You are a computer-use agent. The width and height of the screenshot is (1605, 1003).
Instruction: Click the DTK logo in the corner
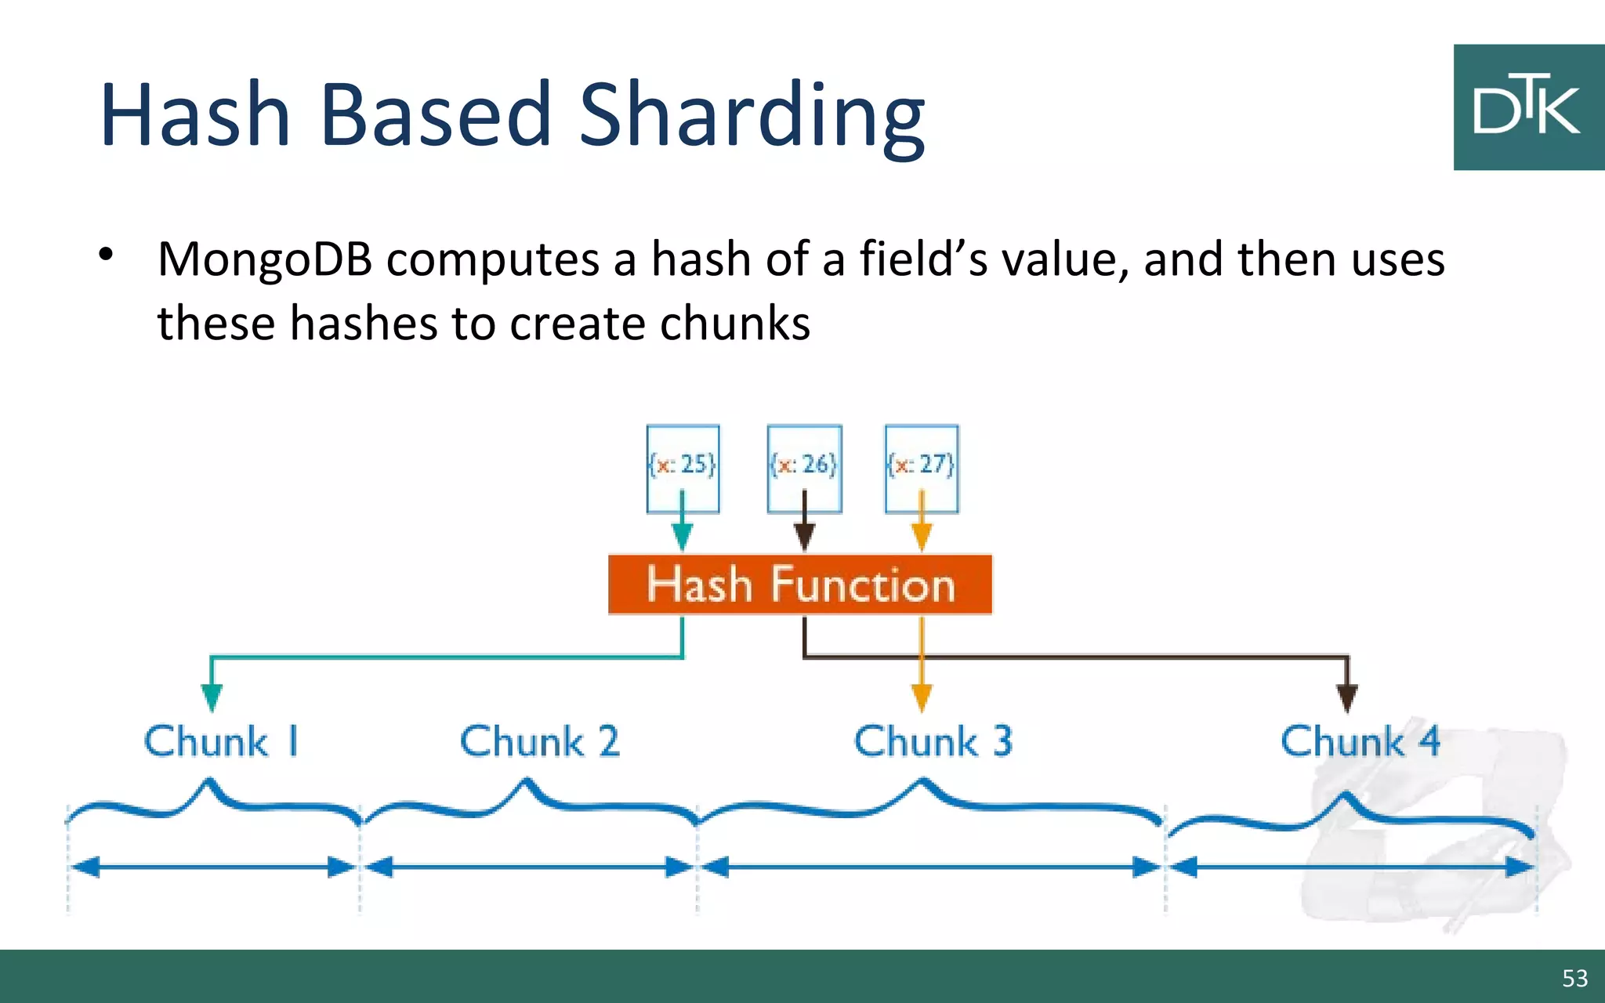point(1527,107)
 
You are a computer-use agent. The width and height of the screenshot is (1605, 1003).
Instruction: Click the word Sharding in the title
point(752,116)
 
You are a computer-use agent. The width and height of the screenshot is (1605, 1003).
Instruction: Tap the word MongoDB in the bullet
point(265,259)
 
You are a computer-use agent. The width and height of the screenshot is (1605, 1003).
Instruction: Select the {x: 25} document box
point(683,468)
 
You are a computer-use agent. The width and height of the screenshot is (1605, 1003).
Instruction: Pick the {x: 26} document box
point(804,468)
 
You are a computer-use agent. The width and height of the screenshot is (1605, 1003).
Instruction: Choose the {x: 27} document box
point(922,468)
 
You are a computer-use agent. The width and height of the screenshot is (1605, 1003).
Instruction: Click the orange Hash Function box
point(800,585)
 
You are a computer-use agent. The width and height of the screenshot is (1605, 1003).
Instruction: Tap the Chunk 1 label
point(222,741)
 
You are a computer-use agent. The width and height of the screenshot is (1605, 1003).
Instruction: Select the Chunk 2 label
point(539,741)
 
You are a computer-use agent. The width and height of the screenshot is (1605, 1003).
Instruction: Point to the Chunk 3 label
point(933,741)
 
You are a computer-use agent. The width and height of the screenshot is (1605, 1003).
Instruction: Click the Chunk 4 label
point(1360,741)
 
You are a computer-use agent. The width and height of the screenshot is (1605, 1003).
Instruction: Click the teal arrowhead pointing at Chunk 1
point(212,697)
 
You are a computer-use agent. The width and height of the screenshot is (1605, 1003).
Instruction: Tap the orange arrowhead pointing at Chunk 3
point(922,697)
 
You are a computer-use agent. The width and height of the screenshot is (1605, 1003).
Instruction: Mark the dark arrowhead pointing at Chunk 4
point(1347,697)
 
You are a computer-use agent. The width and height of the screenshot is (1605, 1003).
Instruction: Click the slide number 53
point(1574,978)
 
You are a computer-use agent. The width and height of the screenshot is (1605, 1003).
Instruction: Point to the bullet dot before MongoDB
point(107,255)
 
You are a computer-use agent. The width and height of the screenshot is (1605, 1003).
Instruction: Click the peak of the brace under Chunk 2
point(527,782)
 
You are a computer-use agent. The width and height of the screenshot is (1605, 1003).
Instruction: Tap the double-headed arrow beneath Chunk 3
point(930,867)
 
